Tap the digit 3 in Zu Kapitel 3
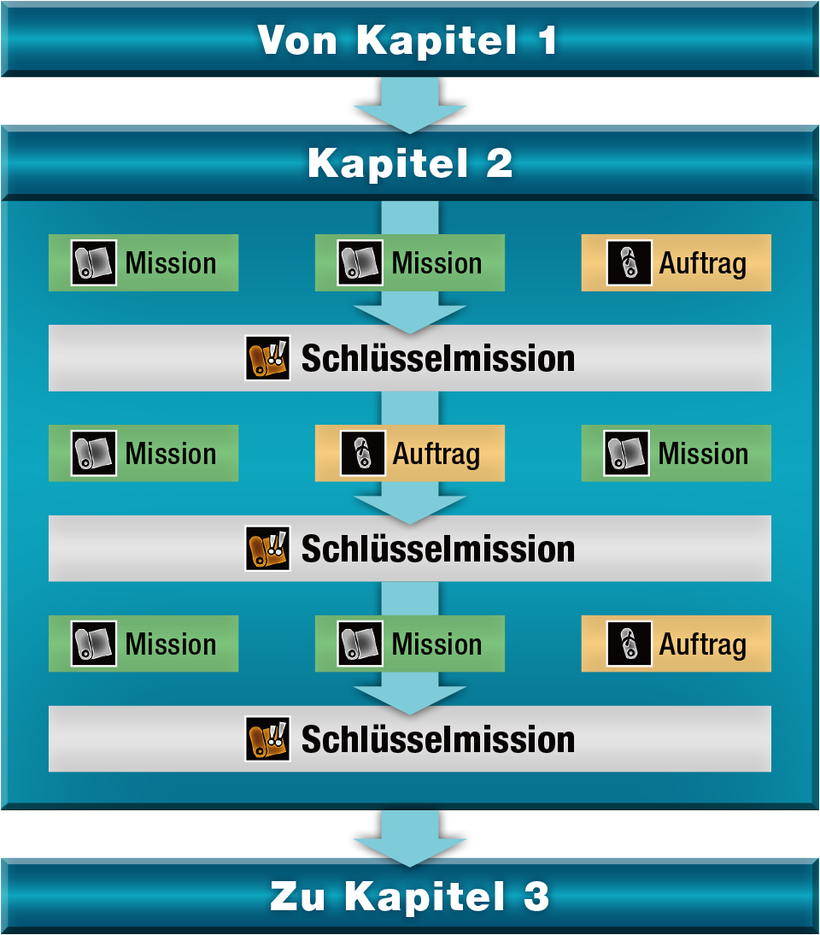point(536,897)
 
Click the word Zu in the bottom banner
point(299,897)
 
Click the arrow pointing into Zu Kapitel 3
point(410,836)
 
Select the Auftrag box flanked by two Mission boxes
point(410,454)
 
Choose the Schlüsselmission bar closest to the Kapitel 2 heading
point(410,358)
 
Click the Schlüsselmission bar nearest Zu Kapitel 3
point(410,739)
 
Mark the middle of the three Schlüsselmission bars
point(410,549)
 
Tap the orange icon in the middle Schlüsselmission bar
point(266,549)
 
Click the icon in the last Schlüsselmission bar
point(266,739)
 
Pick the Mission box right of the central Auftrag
point(676,454)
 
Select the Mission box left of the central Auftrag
point(143,454)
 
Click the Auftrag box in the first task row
point(676,263)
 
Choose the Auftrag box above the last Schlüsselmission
point(676,644)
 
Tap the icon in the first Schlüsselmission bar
point(266,358)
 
